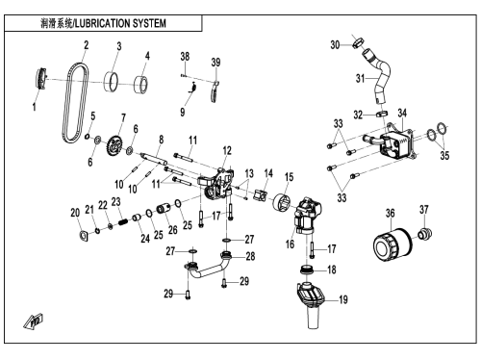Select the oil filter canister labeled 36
pyautogui.click(x=392, y=246)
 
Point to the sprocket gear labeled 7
pyautogui.click(x=114, y=147)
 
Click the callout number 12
pyautogui.click(x=227, y=150)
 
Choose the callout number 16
pyautogui.click(x=290, y=244)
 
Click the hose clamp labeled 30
pyautogui.click(x=359, y=42)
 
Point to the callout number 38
pyautogui.click(x=185, y=57)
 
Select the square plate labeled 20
pyautogui.click(x=84, y=236)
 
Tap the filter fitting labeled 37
pyautogui.click(x=425, y=234)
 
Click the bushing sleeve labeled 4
pyautogui.click(x=140, y=85)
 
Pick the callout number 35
pyautogui.click(x=444, y=156)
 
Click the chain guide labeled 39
pyautogui.click(x=215, y=92)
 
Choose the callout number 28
pyautogui.click(x=250, y=256)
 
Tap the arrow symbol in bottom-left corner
pyautogui.click(x=34, y=321)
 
